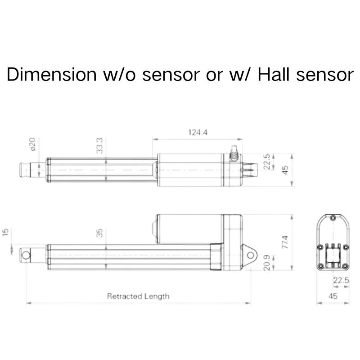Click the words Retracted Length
point(138,296)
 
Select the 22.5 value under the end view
point(341,280)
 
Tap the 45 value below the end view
point(333,296)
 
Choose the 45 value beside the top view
point(284,170)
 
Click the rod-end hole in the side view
point(27,255)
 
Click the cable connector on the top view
point(234,153)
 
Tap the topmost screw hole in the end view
point(333,219)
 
